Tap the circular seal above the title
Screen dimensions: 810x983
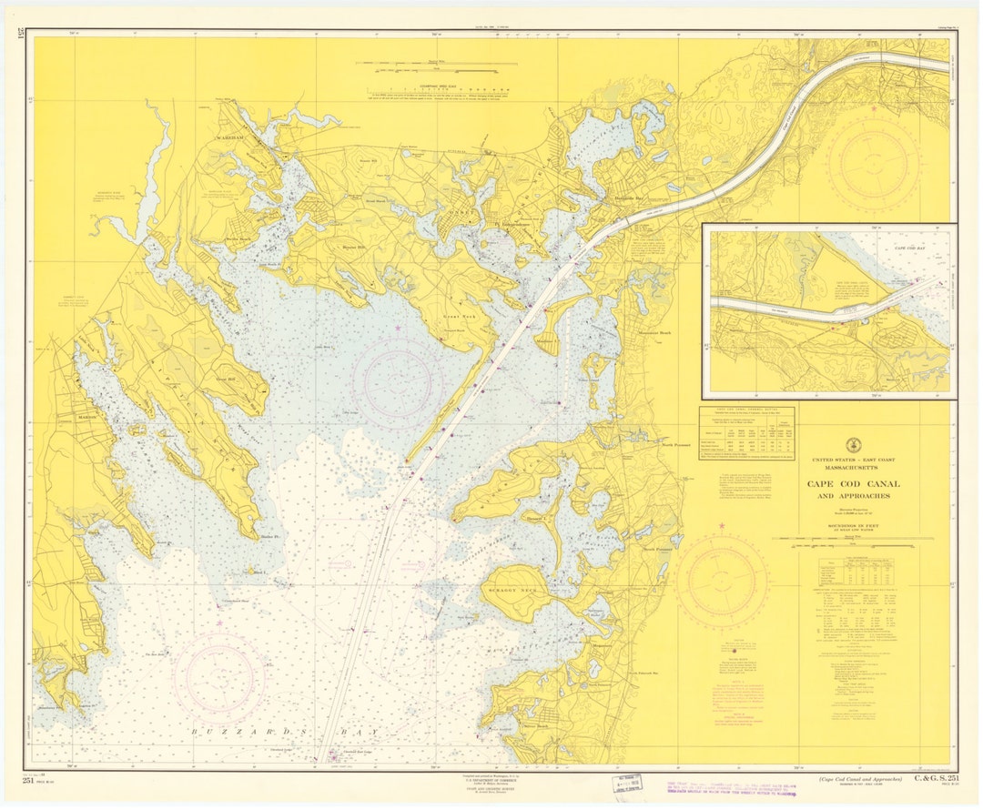point(852,445)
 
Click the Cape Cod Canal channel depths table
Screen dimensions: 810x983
point(746,431)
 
